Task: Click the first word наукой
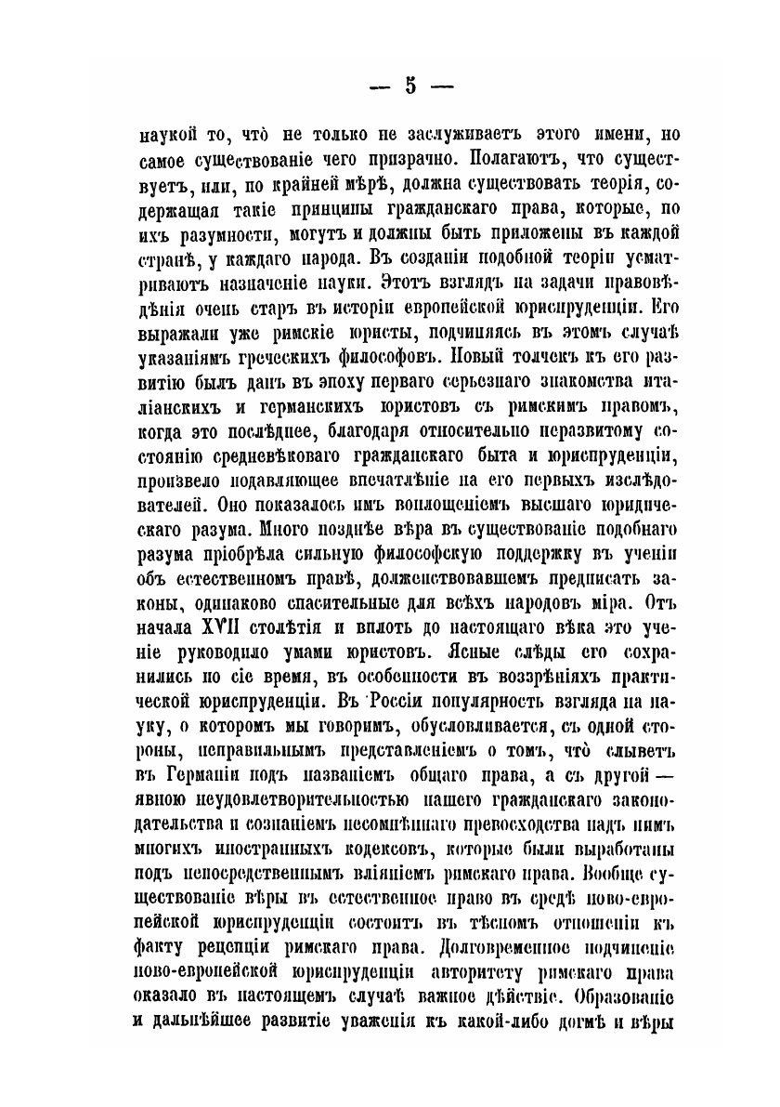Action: [x=163, y=133]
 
